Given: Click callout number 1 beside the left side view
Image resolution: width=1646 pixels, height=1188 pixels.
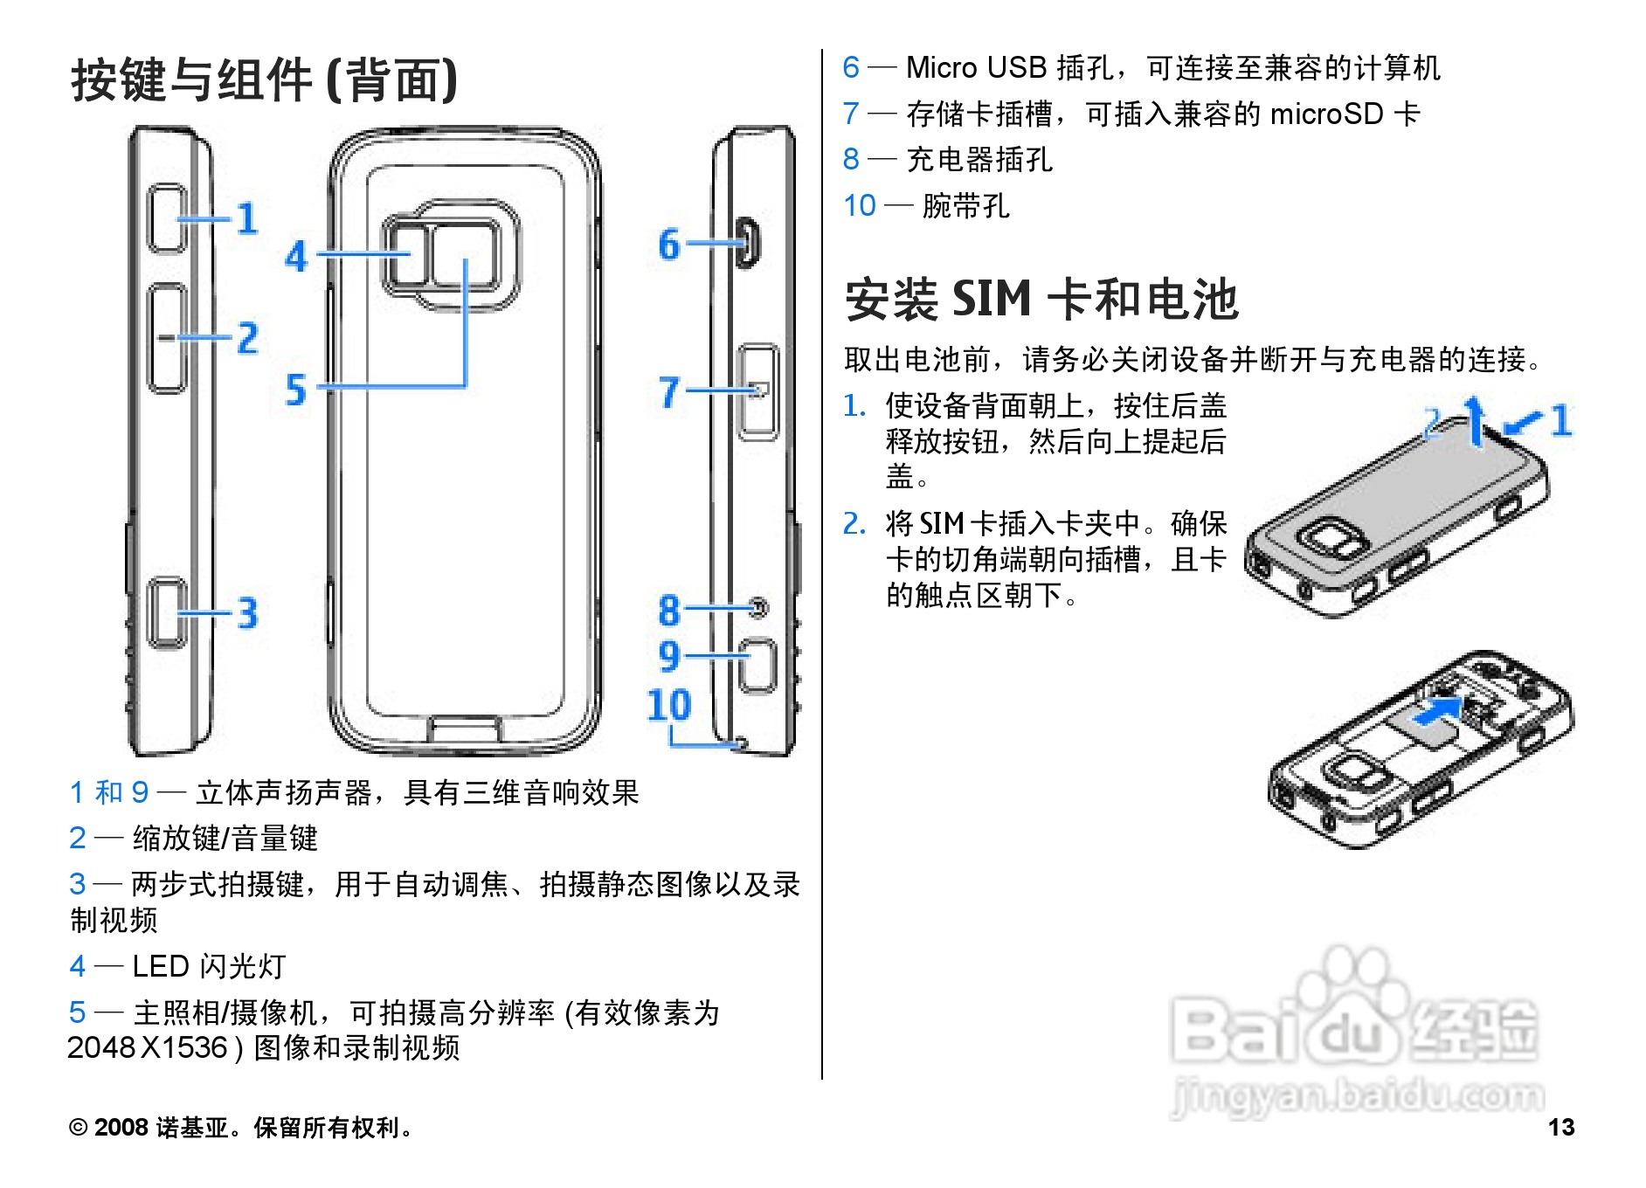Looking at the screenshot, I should [247, 218].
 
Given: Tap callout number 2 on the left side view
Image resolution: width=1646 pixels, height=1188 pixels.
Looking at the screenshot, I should [248, 338].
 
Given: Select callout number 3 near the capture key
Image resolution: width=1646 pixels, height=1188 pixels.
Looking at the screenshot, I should [248, 612].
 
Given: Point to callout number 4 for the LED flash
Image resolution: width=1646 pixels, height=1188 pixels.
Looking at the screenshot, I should [296, 256].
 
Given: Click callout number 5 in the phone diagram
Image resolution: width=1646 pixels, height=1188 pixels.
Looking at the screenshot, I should [296, 390].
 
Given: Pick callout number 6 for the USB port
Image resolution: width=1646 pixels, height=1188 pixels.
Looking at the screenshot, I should [668, 245].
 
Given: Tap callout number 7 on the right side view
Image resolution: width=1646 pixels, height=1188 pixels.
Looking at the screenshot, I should [668, 392].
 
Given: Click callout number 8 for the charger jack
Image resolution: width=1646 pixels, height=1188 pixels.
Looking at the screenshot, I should [668, 610].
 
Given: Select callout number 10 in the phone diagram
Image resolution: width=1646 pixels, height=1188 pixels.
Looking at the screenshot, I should [668, 704].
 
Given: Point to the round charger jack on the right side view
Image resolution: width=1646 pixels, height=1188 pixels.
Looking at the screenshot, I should [759, 607].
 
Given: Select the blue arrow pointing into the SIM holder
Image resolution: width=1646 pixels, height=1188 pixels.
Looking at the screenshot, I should [1437, 709].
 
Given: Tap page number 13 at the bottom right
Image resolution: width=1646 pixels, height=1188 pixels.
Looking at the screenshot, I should [1560, 1127].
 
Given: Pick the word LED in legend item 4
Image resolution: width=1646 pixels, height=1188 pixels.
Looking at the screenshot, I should [161, 966].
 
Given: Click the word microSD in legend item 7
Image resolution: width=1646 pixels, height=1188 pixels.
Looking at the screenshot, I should [1326, 114].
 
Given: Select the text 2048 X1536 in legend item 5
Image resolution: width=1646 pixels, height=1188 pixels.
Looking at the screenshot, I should [147, 1047].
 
